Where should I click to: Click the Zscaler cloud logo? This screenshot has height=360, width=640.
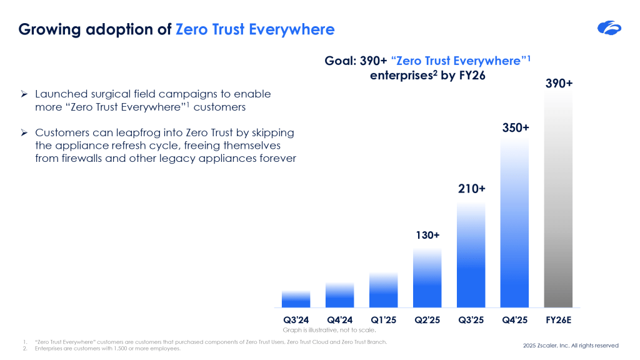click(609, 27)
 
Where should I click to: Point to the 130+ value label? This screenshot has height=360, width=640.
click(427, 236)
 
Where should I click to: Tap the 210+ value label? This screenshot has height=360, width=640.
click(471, 188)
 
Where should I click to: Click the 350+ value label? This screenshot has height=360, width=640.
click(516, 127)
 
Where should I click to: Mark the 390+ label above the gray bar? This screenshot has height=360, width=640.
click(559, 83)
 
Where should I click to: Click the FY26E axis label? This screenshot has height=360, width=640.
click(559, 320)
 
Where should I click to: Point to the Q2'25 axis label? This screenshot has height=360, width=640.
click(427, 320)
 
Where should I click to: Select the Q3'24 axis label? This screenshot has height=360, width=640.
click(296, 320)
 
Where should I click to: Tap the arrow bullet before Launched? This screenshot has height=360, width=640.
click(23, 94)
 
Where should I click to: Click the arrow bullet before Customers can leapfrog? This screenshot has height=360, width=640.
click(23, 133)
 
